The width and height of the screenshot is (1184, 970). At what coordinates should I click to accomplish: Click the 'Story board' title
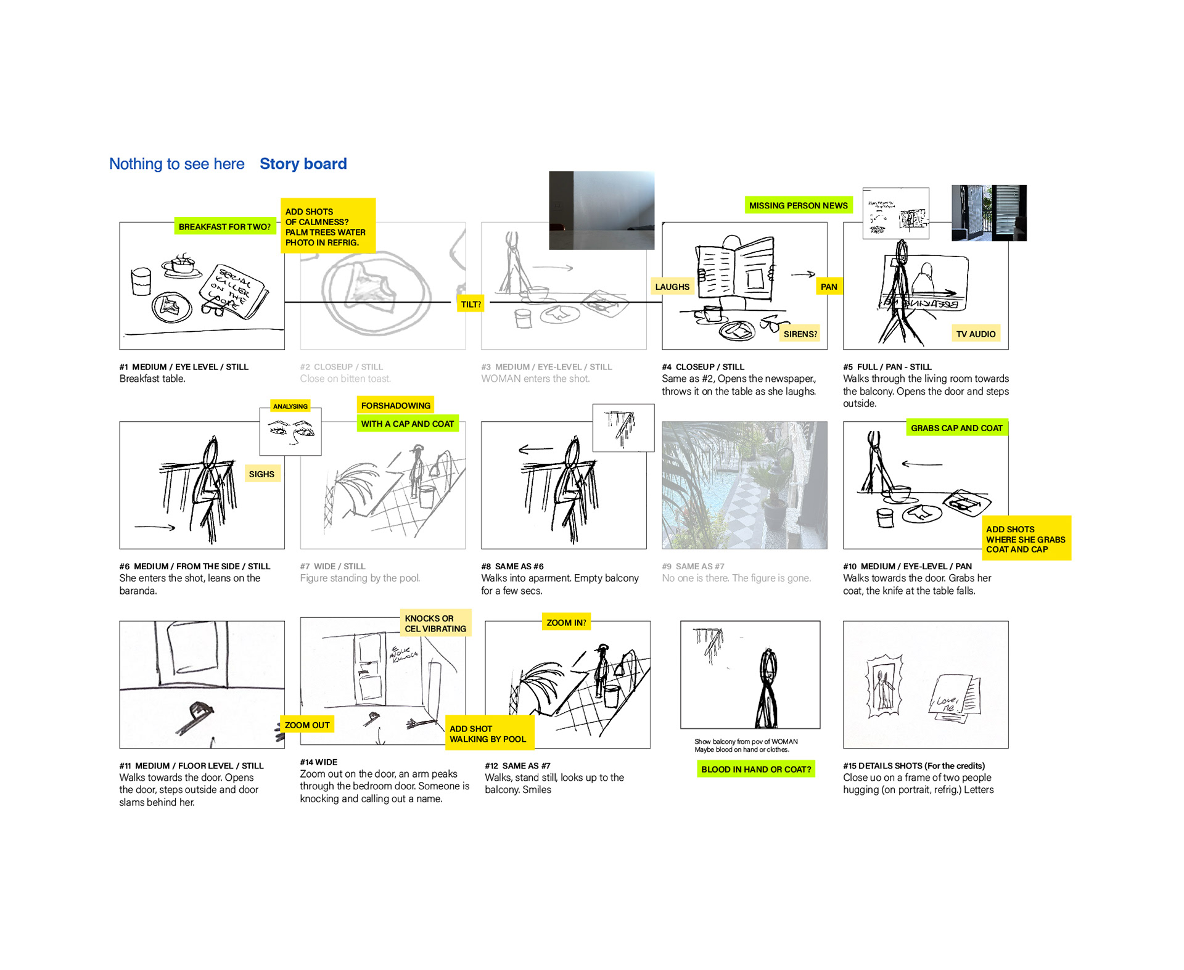[303, 164]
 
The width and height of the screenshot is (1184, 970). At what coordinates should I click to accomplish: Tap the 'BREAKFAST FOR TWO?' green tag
[224, 227]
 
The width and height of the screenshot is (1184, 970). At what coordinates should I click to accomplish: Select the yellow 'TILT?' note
[471, 304]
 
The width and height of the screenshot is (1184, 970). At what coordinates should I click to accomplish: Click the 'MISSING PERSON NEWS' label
[798, 205]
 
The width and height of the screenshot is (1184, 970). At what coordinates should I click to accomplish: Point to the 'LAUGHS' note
[672, 287]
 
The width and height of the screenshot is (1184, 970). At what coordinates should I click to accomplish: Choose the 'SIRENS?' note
[800, 334]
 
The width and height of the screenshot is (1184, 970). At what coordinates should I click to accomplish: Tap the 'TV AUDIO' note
[976, 334]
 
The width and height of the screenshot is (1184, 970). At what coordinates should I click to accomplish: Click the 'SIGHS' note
[261, 474]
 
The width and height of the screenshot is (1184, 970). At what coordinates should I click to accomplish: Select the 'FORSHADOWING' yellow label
[395, 405]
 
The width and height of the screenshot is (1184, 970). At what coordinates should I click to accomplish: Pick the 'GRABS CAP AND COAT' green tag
[956, 428]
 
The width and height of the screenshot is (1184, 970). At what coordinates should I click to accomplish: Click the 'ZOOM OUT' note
[307, 725]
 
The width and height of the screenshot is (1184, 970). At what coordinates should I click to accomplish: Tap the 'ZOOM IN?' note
[566, 622]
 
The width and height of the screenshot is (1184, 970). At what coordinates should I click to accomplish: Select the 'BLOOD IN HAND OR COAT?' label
[756, 769]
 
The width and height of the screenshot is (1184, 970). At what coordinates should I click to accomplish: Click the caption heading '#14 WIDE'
[318, 762]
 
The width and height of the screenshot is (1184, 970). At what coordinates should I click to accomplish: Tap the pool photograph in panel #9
[744, 485]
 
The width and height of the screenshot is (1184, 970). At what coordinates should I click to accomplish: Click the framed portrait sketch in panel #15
[884, 686]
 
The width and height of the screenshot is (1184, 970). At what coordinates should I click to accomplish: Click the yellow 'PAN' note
[829, 287]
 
